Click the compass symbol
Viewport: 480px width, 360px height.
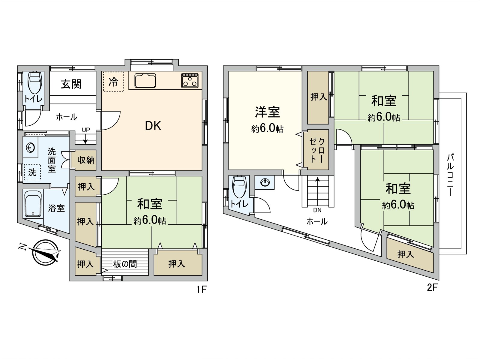point(45,252)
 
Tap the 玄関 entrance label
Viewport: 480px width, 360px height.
point(71,84)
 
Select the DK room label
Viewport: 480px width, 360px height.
point(153,126)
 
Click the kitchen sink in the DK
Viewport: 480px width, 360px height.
point(145,80)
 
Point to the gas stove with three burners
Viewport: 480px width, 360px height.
point(190,80)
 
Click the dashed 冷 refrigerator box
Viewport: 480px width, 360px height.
point(113,82)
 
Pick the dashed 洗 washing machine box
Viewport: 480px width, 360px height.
point(32,172)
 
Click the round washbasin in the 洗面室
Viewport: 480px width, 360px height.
point(31,148)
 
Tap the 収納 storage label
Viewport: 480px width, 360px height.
point(86,160)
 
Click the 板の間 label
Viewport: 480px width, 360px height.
point(125,264)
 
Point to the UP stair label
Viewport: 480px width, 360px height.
point(86,130)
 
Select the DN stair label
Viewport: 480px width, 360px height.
point(317,210)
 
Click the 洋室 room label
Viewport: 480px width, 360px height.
point(267,112)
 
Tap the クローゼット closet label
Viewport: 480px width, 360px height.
point(317,150)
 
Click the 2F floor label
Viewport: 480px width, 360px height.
point(432,288)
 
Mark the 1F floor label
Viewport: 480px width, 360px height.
point(202,289)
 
